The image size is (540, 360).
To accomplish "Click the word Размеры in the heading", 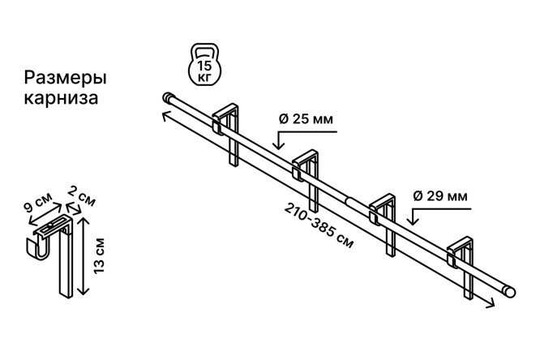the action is click(65, 79).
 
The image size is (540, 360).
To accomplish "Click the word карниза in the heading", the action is click(61, 97).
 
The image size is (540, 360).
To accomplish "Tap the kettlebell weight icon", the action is click(204, 64).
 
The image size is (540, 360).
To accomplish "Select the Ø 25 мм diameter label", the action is click(306, 119).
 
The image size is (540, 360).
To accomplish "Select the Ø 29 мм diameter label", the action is click(440, 196).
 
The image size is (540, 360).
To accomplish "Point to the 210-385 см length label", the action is click(319, 225).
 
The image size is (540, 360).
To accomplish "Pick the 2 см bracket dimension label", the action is click(81, 195).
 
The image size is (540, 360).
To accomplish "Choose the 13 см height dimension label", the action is click(99, 255).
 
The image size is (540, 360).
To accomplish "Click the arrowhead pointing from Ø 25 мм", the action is click(278, 144).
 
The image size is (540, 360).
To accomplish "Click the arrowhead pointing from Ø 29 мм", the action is click(413, 221).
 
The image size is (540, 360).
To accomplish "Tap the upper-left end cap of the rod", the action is click(167, 97).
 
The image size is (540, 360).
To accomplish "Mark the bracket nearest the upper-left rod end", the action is click(225, 135).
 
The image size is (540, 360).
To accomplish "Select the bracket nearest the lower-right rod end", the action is click(460, 267).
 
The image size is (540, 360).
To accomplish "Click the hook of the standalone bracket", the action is click(38, 247).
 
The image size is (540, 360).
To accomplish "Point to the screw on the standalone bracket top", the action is click(50, 225).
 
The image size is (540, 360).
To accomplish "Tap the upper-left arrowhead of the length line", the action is click(165, 116).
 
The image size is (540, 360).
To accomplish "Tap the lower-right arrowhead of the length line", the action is click(491, 303).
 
